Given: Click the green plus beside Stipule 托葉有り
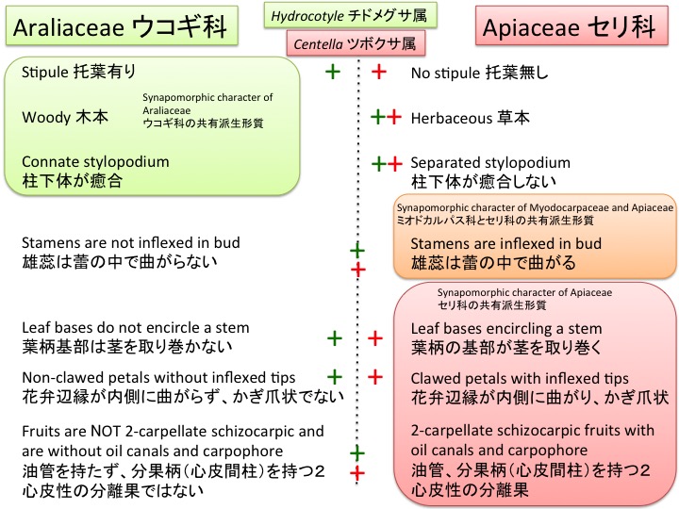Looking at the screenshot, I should (332, 72).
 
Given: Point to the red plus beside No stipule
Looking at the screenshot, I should (377, 72).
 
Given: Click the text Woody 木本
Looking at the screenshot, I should (59, 117).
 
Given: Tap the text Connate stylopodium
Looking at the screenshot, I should (95, 161).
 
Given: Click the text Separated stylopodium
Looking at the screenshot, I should (490, 162).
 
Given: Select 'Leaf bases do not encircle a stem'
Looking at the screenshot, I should (135, 328).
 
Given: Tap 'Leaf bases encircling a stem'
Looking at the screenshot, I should (507, 329).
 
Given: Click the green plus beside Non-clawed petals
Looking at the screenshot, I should (333, 377).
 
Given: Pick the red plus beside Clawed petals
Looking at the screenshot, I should (374, 377).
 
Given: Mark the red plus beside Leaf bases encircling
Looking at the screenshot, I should (374, 337).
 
